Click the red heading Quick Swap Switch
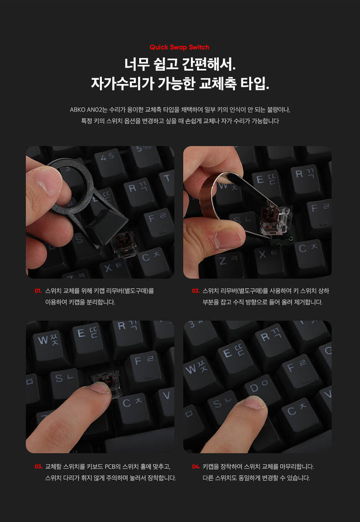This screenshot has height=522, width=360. [x=179, y=47]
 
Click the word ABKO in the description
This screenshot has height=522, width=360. [x=77, y=110]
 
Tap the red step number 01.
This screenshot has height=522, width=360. [x=38, y=291]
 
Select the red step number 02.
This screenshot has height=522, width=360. [x=195, y=291]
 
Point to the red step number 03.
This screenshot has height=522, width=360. [x=38, y=466]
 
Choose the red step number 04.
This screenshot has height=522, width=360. [x=196, y=466]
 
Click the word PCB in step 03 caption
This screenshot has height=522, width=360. [x=110, y=467]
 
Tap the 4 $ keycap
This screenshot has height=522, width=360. [x=108, y=161]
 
